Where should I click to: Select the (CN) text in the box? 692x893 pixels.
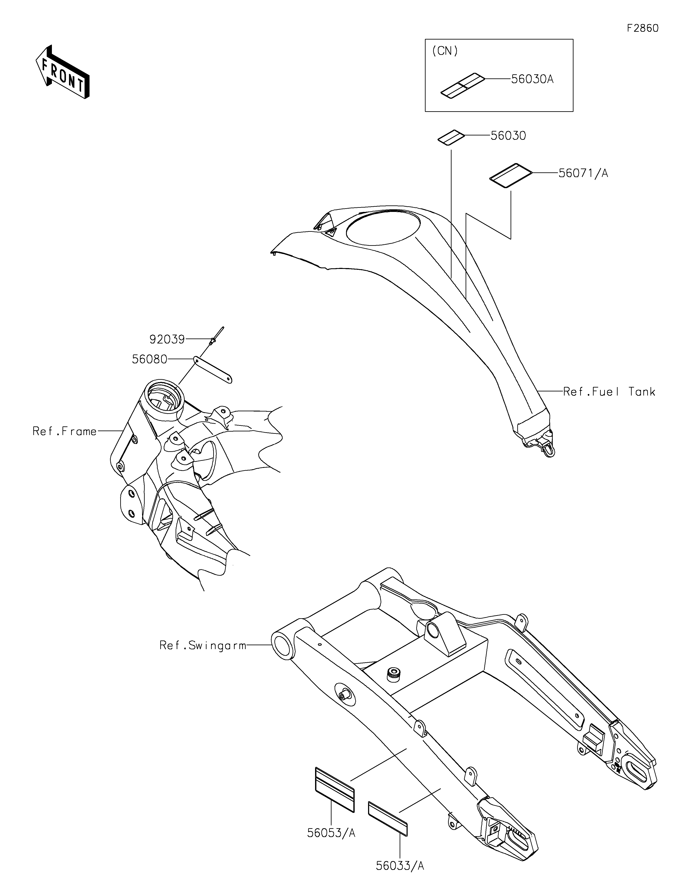pyautogui.click(x=445, y=51)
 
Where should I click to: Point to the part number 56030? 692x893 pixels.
pyautogui.click(x=508, y=136)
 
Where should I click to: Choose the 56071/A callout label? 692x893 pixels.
pyautogui.click(x=583, y=174)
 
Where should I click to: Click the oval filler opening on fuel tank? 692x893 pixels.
pyautogui.click(x=383, y=227)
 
